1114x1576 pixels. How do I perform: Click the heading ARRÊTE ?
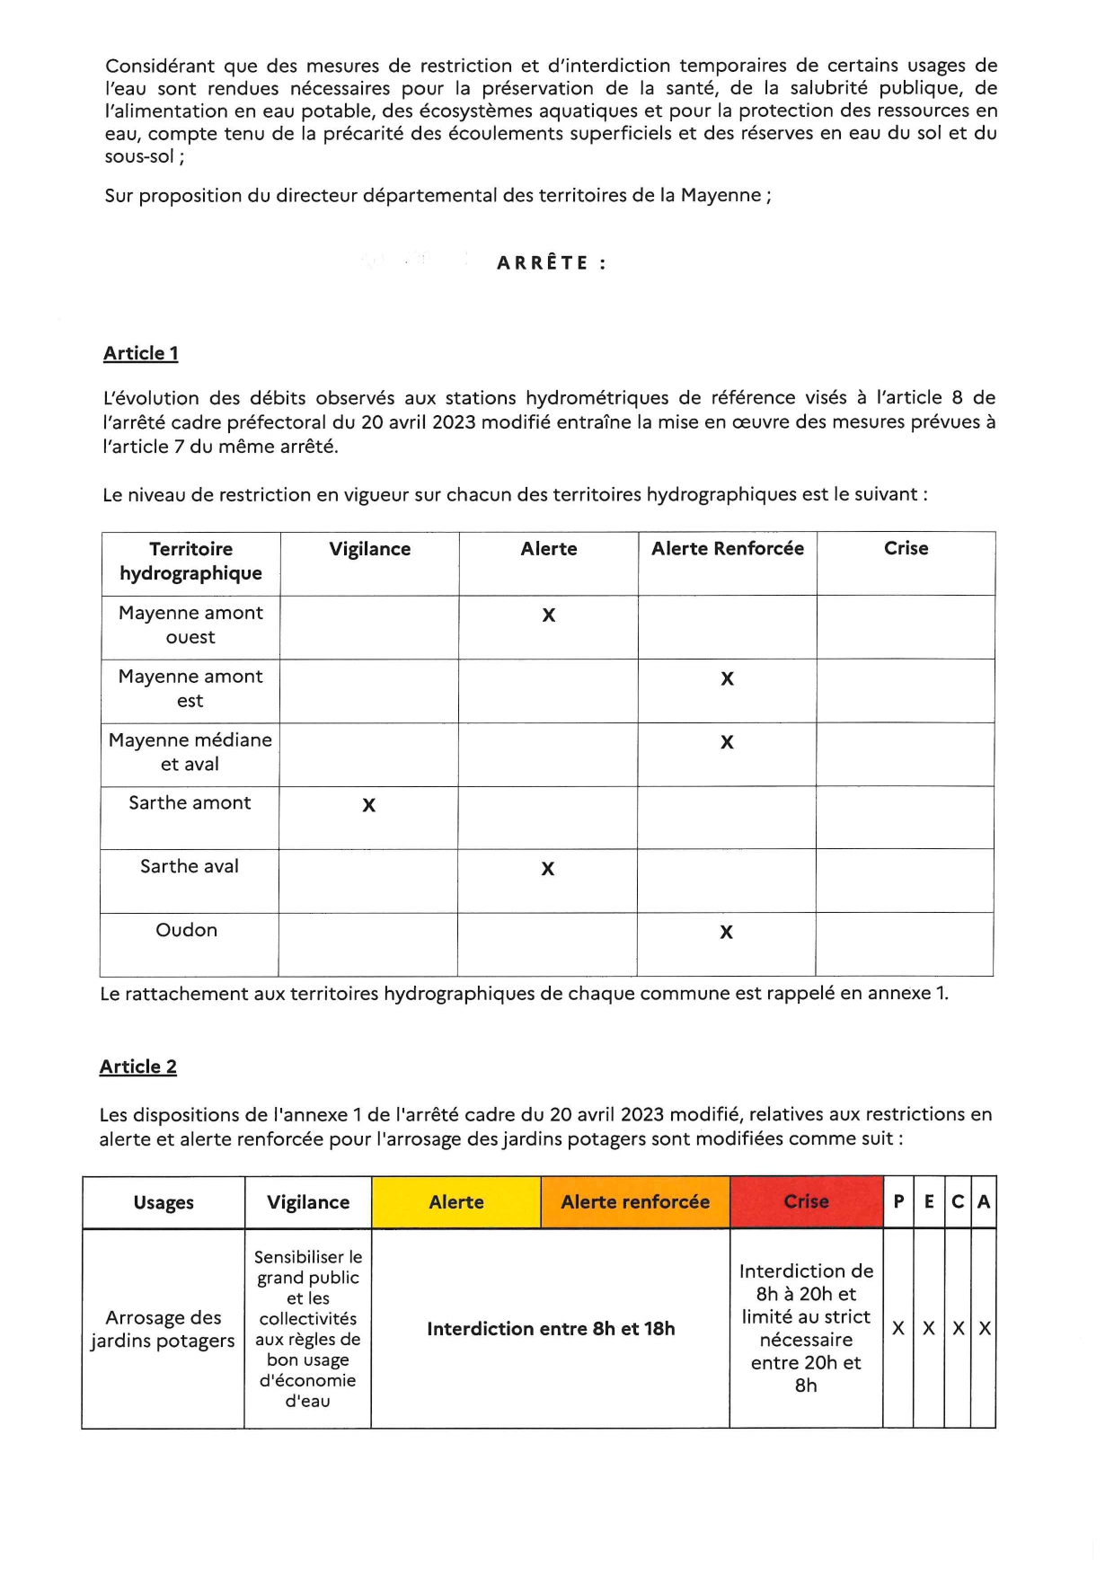[x=552, y=263]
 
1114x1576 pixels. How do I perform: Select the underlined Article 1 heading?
[x=141, y=353]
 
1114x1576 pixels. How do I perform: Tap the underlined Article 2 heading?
[x=138, y=1067]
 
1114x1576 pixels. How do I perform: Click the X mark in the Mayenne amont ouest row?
[x=549, y=615]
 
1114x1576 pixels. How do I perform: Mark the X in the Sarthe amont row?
[x=369, y=805]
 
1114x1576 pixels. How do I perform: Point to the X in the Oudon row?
[x=727, y=933]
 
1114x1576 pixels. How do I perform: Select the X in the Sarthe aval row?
[x=548, y=869]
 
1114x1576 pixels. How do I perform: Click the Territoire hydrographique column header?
[x=191, y=562]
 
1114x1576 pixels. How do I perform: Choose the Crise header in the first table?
[x=906, y=549]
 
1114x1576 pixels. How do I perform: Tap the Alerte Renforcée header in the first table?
[x=728, y=549]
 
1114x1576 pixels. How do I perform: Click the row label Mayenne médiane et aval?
[x=190, y=752]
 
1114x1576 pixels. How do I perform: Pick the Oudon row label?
[x=187, y=930]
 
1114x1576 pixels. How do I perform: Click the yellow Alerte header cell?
[x=456, y=1202]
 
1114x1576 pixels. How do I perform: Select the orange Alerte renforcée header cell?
[x=635, y=1202]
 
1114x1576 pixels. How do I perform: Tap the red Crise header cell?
[x=806, y=1202]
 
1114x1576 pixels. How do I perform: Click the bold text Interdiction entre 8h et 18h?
[x=551, y=1329]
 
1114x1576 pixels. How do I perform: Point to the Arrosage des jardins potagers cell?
[x=163, y=1329]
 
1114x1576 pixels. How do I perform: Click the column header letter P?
[x=898, y=1202]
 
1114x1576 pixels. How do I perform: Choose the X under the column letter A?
[x=985, y=1329]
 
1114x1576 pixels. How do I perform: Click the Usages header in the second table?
[x=164, y=1203]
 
